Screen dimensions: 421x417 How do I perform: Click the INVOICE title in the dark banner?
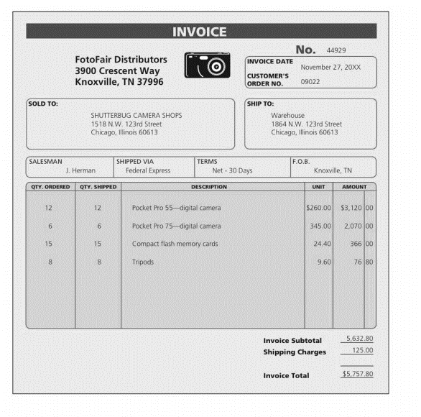click(200, 32)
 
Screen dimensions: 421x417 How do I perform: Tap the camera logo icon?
click(207, 65)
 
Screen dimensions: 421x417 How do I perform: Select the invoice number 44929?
click(336, 50)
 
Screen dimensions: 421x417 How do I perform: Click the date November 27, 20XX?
click(330, 67)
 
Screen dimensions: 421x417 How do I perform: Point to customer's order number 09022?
click(310, 82)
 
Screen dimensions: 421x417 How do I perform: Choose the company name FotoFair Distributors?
click(121, 60)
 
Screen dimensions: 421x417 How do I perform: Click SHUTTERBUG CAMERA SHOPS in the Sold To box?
click(137, 115)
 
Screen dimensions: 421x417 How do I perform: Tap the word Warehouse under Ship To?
click(287, 115)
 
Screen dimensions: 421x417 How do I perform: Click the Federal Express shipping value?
click(148, 171)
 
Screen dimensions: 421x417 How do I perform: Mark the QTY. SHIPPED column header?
click(98, 187)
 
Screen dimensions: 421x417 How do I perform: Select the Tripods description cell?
click(143, 262)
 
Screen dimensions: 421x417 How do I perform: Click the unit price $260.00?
click(318, 208)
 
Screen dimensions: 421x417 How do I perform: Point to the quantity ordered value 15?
click(49, 244)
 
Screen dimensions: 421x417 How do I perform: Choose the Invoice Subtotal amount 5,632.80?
click(359, 339)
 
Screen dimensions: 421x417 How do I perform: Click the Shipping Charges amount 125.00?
click(362, 351)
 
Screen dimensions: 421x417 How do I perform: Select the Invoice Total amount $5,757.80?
click(357, 375)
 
